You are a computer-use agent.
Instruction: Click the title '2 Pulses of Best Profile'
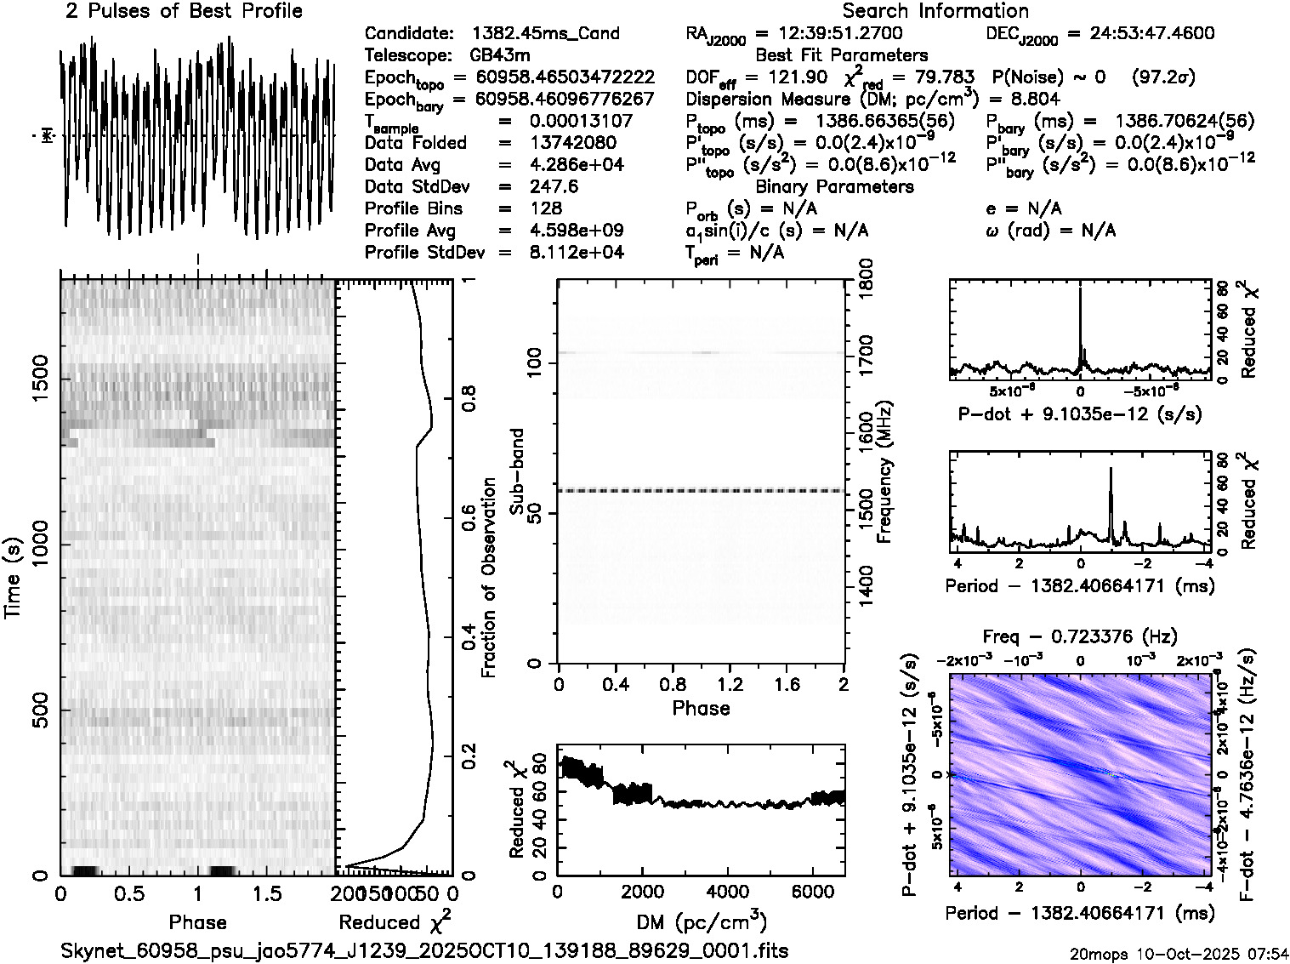184,12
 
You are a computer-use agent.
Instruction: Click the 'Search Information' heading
935,12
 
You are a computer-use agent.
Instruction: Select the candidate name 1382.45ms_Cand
545,34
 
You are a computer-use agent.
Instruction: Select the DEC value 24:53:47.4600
1140,34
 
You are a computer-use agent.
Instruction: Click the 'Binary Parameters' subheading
835,186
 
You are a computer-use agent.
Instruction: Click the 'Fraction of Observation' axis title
489,578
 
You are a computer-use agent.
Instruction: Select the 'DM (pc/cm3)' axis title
702,922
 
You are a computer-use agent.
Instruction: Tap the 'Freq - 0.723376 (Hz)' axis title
1080,637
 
